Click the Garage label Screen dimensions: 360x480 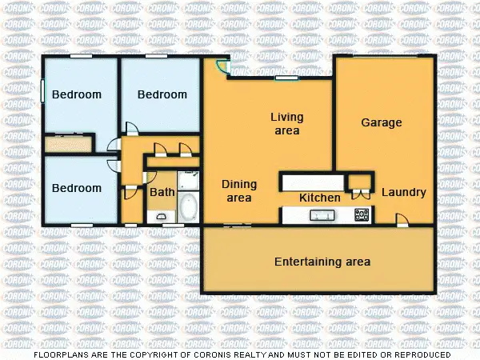[381, 122]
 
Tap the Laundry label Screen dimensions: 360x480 [403, 193]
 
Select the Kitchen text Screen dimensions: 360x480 [320, 198]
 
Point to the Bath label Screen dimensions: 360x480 [162, 192]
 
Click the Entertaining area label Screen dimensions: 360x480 [322, 262]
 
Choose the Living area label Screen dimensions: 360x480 [286, 123]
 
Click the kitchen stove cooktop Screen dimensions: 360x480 [362, 214]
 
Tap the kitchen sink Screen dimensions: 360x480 [323, 214]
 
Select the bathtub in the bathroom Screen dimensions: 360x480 [189, 209]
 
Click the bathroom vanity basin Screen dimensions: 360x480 [161, 215]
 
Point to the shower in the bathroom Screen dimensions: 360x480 [190, 179]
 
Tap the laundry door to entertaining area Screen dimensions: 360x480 [401, 219]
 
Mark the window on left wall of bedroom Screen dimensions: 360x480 [43, 90]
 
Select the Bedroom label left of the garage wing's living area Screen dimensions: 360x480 [162, 94]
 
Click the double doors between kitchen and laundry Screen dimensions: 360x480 [360, 193]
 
